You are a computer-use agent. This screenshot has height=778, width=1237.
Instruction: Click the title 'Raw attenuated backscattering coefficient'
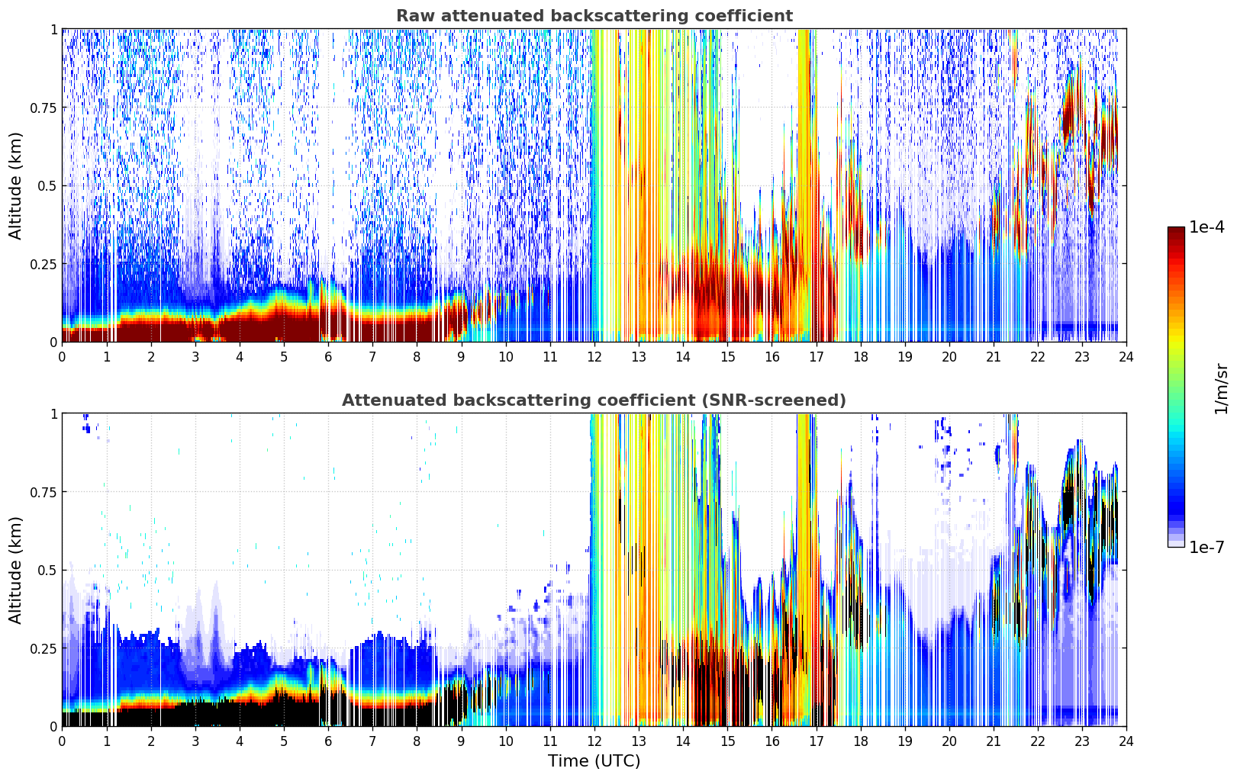594,16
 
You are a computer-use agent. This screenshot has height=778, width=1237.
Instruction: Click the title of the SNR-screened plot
594,400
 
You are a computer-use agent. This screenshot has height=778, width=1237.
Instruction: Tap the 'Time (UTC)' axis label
594,761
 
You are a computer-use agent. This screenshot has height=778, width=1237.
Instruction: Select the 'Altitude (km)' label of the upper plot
16,185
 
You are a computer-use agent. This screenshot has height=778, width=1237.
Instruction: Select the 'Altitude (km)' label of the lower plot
16,570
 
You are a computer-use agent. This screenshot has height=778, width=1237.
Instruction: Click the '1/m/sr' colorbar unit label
1221,389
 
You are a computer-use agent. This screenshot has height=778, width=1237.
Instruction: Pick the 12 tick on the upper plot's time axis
594,356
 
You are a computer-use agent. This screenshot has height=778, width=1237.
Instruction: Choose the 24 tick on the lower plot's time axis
1126,741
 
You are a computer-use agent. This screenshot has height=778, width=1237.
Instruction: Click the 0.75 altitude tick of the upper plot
43,108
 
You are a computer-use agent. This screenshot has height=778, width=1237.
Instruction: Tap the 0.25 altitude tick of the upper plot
43,264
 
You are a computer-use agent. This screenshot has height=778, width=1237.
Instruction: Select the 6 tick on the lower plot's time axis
328,741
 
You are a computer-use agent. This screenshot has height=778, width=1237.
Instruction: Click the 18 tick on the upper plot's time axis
860,356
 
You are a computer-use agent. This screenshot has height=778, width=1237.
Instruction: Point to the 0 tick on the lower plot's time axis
62,741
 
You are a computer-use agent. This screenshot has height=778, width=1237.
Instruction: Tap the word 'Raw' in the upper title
412,16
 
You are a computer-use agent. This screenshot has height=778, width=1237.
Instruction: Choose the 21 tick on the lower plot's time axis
993,741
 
